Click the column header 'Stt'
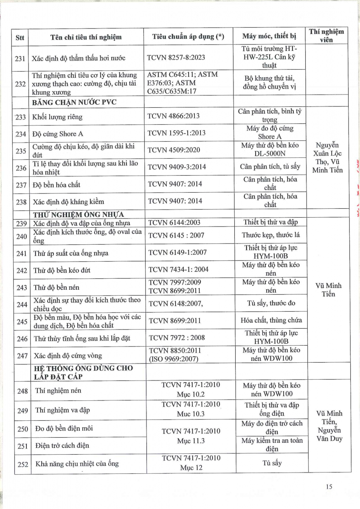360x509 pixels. [20, 37]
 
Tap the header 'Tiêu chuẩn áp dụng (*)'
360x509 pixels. [188, 37]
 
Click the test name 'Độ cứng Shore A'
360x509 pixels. [58, 134]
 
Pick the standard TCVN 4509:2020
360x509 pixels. [174, 150]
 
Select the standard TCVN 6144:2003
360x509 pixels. [174, 222]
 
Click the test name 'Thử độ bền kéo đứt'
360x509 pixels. [62, 270]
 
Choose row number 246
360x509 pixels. [22, 338]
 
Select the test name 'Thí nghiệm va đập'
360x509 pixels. [62, 410]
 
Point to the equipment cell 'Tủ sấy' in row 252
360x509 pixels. [272, 463]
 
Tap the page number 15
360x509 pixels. [329, 487]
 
